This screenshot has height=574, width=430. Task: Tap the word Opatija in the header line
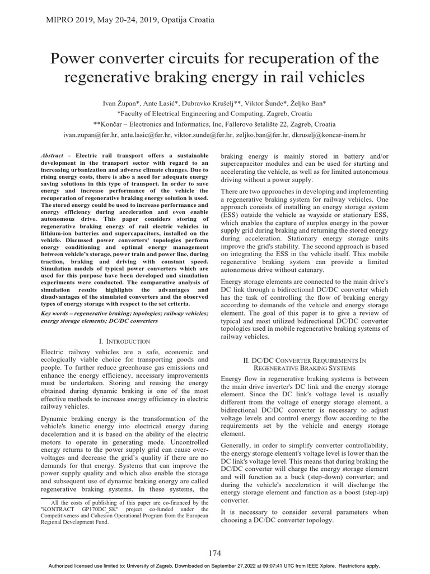click(175, 20)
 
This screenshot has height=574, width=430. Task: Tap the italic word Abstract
click(53, 155)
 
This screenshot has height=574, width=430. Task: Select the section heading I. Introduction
click(124, 341)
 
